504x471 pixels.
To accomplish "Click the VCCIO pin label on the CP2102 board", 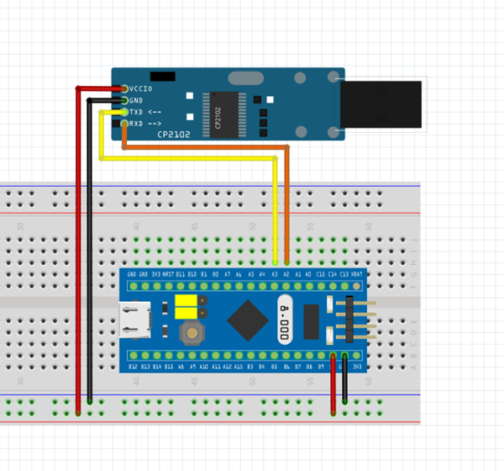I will (141, 88).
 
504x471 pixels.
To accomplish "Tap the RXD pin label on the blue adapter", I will (136, 124).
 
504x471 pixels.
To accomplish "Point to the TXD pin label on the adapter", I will (136, 112).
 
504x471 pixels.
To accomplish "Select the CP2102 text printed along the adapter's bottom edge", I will (174, 135).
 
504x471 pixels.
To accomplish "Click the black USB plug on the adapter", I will (381, 104).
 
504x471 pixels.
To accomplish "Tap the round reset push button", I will (192, 332).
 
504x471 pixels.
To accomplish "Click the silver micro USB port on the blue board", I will (136, 320).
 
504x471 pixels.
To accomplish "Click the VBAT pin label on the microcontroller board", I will (356, 274).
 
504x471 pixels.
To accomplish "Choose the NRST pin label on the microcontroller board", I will (168, 274).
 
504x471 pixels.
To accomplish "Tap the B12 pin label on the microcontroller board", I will (133, 368).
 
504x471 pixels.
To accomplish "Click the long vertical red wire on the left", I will (78, 252).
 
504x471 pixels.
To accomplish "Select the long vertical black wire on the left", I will (89, 252).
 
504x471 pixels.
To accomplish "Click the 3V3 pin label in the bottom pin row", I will (357, 368).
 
